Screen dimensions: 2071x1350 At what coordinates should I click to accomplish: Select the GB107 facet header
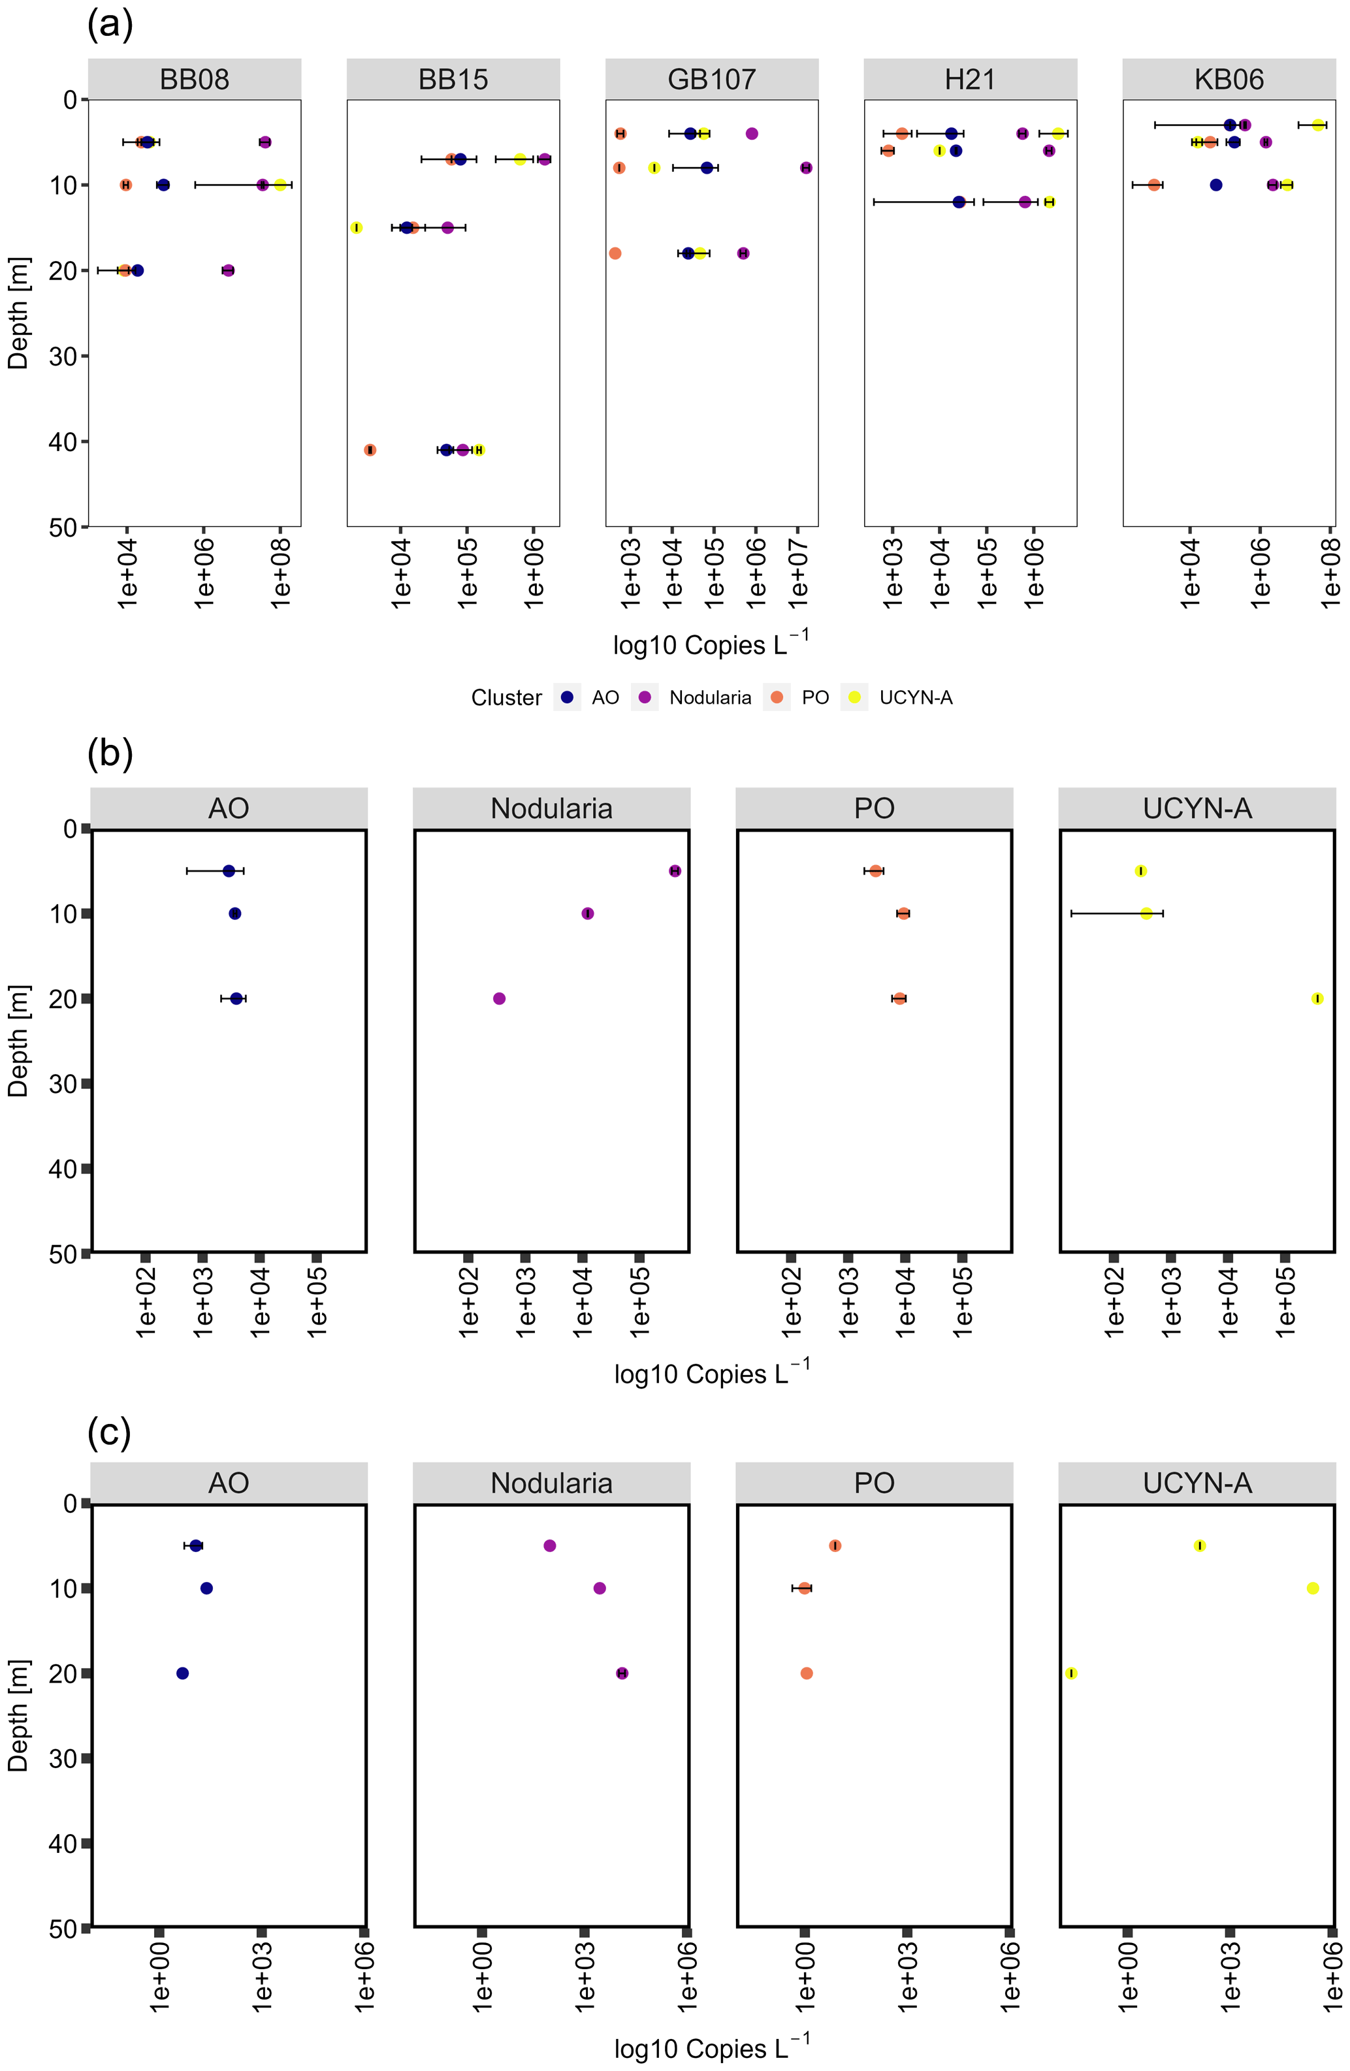[711, 79]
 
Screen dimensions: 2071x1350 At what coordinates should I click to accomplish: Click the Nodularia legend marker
[645, 697]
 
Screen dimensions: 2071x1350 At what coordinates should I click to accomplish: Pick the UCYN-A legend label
[916, 697]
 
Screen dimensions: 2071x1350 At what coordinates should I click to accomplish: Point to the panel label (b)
[110, 753]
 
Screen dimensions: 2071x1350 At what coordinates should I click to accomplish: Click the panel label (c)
[109, 1431]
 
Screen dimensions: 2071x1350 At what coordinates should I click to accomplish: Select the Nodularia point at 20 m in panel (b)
[500, 998]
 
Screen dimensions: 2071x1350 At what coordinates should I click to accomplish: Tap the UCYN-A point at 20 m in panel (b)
[1317, 998]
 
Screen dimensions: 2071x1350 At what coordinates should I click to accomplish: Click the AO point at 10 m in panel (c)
[206, 1588]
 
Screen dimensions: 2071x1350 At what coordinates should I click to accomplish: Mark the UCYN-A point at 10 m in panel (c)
[1313, 1588]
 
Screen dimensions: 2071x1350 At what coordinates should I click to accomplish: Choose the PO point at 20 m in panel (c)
[807, 1673]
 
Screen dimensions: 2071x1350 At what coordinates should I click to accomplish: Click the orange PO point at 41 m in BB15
[370, 450]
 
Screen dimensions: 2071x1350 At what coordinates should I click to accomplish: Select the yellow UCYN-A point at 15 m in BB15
[356, 228]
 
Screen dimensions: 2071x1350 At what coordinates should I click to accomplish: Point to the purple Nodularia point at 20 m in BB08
[228, 270]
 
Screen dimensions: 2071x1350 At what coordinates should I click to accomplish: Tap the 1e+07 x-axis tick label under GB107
[798, 570]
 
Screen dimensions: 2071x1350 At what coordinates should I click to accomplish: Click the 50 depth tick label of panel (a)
[63, 528]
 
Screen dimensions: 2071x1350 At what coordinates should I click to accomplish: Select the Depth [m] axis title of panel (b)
[18, 1041]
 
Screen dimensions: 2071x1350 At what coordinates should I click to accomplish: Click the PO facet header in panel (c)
[874, 1483]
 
